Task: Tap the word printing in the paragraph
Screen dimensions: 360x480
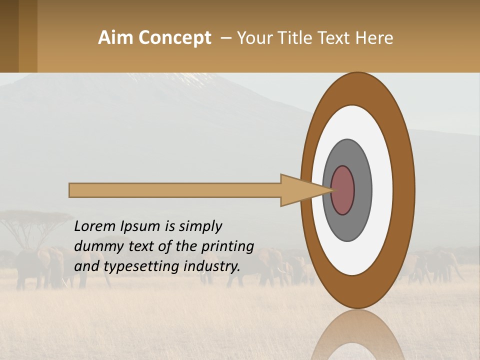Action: pyautogui.click(x=227, y=246)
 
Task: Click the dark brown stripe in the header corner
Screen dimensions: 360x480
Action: pyautogui.click(x=9, y=36)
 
